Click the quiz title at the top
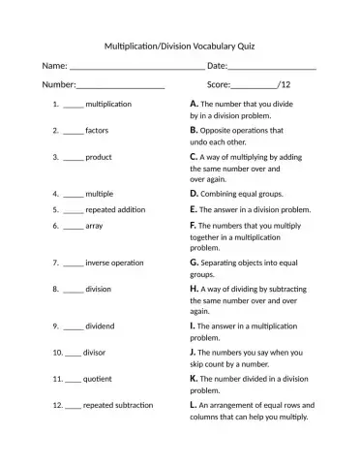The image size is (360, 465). (x=179, y=46)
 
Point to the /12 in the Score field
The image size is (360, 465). (x=284, y=85)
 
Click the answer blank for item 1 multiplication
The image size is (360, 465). (x=74, y=104)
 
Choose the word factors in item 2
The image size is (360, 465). (x=97, y=130)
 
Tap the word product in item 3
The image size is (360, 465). (x=99, y=157)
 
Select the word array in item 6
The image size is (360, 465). (x=94, y=225)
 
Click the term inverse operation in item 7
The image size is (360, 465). (x=114, y=263)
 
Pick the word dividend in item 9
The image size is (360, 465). (x=101, y=326)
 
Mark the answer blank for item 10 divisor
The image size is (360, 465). (x=73, y=354)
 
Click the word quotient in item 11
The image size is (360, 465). (x=100, y=380)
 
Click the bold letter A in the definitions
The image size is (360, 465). (x=195, y=103)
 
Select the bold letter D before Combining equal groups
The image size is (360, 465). (x=195, y=193)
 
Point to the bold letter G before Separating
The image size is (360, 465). (x=195, y=262)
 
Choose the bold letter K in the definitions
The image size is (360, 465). (x=195, y=378)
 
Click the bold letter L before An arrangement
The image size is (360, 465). (x=194, y=405)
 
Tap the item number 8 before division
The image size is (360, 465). (x=56, y=289)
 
